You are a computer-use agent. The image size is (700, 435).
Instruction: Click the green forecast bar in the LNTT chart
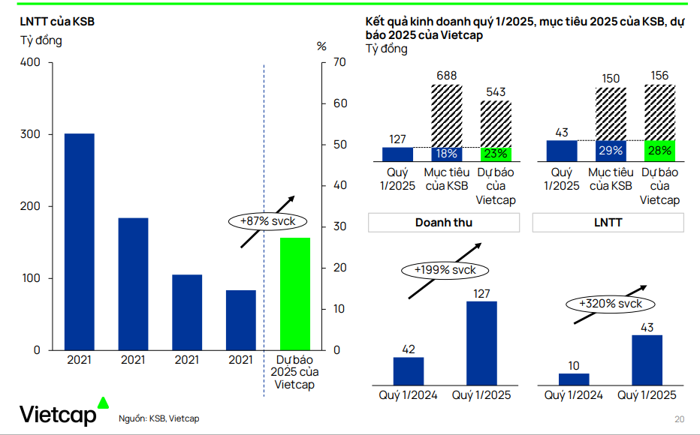295,293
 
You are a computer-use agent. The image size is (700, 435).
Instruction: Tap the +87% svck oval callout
261,221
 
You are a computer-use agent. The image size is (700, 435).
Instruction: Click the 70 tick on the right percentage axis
339,62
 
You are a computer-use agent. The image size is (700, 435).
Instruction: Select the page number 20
680,418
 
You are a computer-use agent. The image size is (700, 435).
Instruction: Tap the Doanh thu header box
443,223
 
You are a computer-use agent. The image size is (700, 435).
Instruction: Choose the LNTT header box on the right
608,223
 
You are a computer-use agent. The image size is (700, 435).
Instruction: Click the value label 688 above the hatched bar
446,76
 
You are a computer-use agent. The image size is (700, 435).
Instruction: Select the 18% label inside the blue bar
446,154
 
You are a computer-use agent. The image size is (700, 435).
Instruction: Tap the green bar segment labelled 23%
496,154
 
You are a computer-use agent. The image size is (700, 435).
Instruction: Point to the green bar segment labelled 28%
659,151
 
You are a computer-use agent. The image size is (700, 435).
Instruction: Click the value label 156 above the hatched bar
659,76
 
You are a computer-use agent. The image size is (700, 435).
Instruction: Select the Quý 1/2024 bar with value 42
409,370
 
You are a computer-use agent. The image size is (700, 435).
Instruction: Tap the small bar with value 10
574,379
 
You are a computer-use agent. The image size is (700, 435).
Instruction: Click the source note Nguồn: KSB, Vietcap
159,418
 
